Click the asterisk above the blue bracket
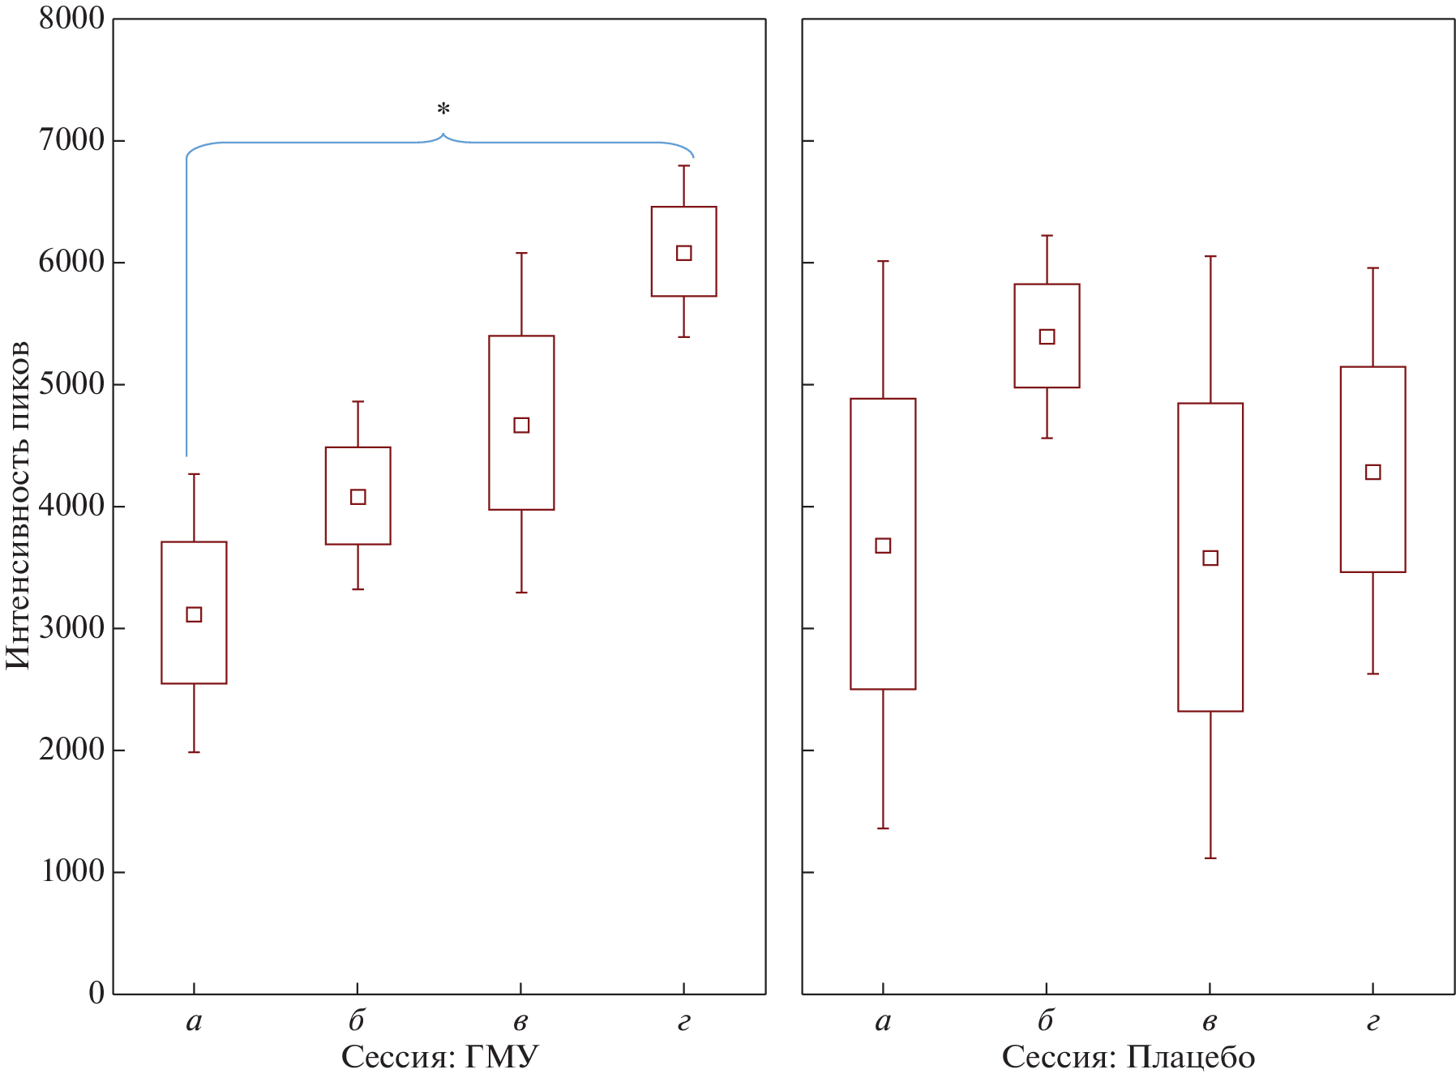point(443,109)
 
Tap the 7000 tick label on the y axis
point(72,140)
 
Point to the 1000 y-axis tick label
point(72,871)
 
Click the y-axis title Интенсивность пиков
point(18,505)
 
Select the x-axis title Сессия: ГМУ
point(439,1057)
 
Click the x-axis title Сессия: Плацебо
point(1128,1057)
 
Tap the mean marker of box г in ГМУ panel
point(683,253)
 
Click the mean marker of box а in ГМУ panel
point(194,614)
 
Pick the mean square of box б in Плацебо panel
point(1047,336)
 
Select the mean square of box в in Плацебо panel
point(1210,558)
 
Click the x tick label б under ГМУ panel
point(357,1020)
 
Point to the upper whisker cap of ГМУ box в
point(521,253)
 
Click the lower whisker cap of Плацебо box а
point(883,828)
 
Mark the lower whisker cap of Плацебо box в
point(1210,858)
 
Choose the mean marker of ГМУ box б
point(358,497)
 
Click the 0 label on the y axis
point(96,993)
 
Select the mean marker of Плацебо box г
point(1372,472)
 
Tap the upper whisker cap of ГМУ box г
point(683,165)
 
